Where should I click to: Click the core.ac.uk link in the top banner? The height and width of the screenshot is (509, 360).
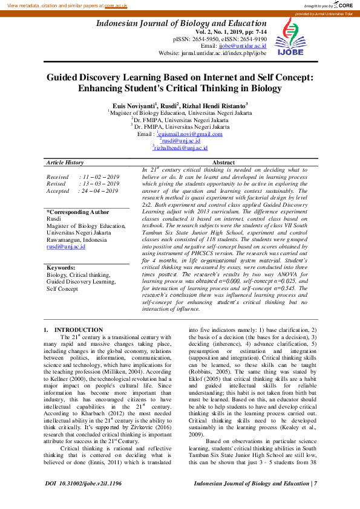(116, 5)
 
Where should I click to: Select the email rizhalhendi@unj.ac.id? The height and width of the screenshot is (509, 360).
(182, 148)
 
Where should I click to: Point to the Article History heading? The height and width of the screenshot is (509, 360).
(65, 163)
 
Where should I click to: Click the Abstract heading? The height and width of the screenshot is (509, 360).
(224, 163)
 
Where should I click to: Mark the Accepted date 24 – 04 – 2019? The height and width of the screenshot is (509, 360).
(99, 190)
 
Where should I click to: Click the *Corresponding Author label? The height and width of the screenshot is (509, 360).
(78, 212)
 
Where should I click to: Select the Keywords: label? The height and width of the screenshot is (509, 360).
(61, 267)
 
